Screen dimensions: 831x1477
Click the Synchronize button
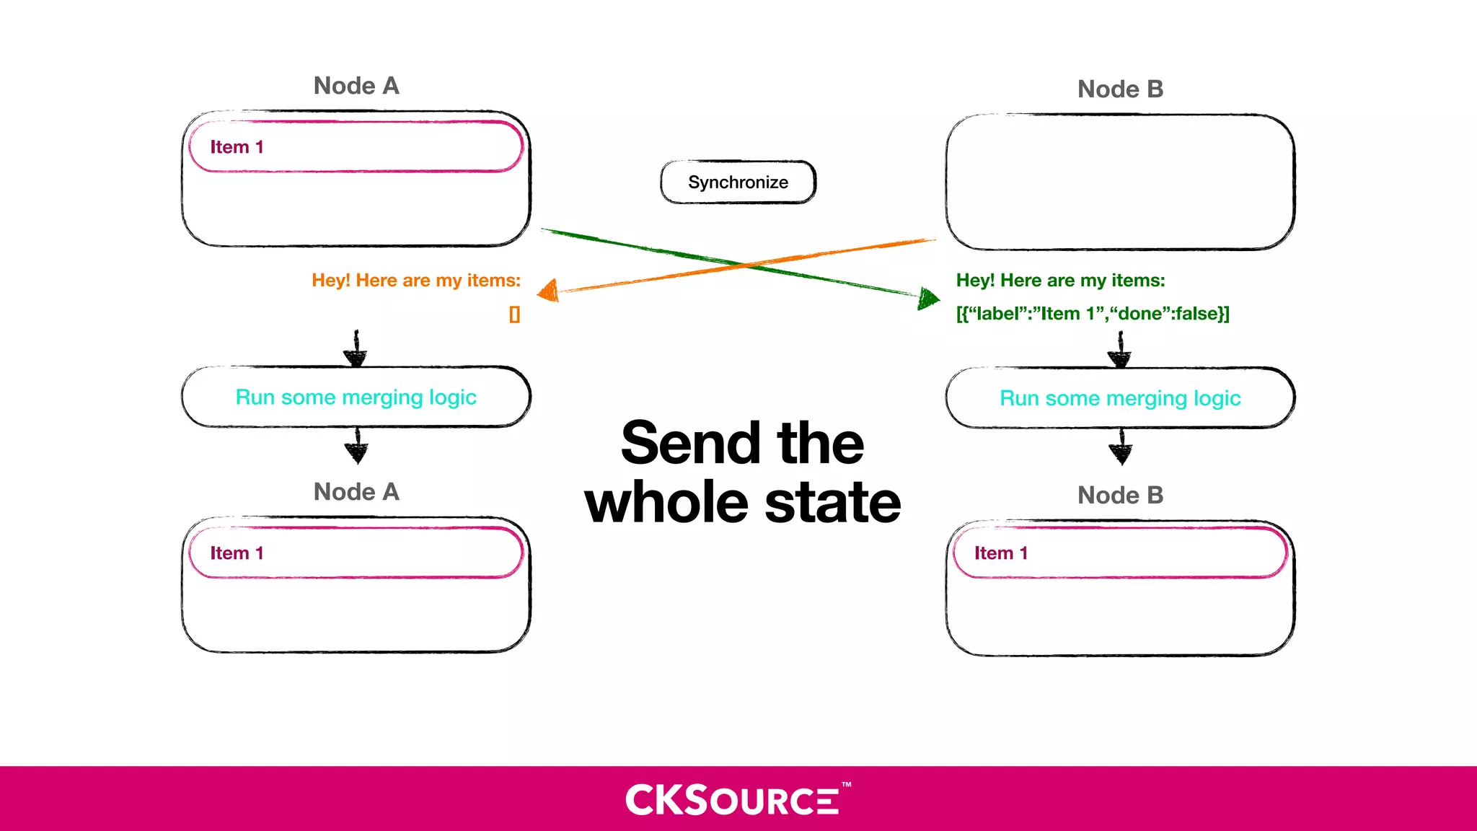click(x=738, y=182)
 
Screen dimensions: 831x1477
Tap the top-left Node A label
click(x=356, y=86)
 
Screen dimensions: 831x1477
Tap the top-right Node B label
click(x=1120, y=89)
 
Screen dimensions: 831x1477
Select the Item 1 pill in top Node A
click(x=356, y=147)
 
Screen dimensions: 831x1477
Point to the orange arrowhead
click(x=549, y=291)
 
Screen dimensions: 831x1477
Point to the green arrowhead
click(x=928, y=297)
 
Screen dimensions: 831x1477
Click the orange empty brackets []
click(x=514, y=315)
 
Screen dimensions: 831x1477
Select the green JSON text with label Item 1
click(x=1092, y=314)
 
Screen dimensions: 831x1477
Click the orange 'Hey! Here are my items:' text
click(x=416, y=281)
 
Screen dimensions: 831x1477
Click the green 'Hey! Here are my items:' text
click(x=1060, y=281)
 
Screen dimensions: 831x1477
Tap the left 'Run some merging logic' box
click(x=356, y=397)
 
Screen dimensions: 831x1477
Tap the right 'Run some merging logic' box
click(x=1120, y=398)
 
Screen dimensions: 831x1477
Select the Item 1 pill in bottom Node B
click(x=1120, y=553)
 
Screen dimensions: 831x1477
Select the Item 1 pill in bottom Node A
click(x=356, y=553)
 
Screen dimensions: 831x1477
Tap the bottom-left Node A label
click(x=356, y=492)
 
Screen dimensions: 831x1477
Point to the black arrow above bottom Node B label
click(x=1120, y=447)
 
